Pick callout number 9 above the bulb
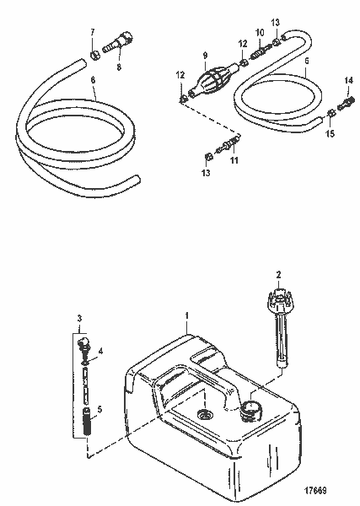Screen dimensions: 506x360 204,55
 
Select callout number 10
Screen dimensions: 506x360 259,32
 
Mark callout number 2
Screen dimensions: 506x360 278,274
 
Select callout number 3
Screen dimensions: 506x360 80,318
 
